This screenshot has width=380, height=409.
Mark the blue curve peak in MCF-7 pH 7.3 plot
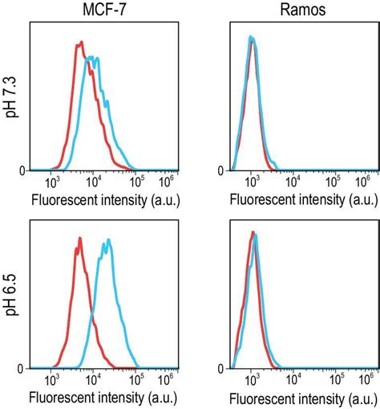(95, 57)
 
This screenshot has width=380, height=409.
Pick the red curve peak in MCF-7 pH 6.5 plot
(80, 238)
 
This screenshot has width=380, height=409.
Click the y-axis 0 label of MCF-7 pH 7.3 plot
(22, 170)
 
